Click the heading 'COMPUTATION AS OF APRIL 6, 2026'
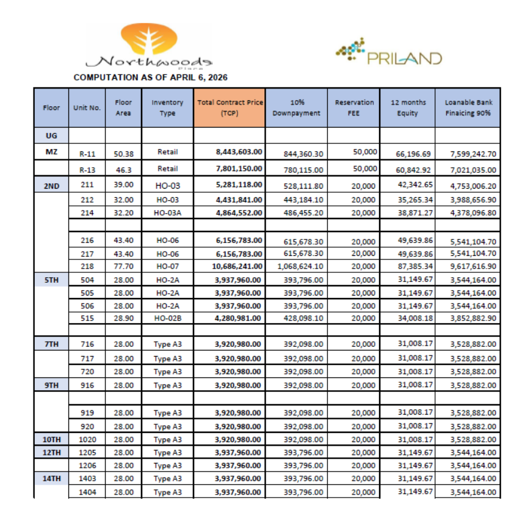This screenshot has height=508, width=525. click(150, 78)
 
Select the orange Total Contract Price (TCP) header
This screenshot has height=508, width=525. click(230, 108)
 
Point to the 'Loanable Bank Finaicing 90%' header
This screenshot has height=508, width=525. click(468, 108)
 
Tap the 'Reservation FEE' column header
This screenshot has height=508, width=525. click(353, 108)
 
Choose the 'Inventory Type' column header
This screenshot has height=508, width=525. click(167, 108)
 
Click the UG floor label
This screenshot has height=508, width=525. click(51, 136)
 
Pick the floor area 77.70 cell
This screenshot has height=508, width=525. click(123, 266)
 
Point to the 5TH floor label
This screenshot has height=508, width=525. click(51, 279)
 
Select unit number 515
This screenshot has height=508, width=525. click(87, 318)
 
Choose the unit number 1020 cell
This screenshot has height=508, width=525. click(87, 439)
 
